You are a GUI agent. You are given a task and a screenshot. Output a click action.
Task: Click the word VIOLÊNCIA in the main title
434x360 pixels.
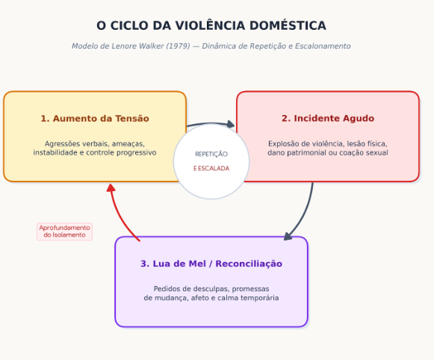tap(211, 25)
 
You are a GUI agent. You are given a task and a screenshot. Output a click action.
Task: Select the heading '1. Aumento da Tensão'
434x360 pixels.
tap(95, 119)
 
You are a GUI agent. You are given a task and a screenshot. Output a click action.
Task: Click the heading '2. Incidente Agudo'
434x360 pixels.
tap(328, 118)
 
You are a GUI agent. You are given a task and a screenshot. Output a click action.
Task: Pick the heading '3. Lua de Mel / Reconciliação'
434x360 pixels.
tap(211, 264)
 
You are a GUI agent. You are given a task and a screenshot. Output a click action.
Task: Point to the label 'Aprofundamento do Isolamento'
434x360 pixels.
tap(64, 232)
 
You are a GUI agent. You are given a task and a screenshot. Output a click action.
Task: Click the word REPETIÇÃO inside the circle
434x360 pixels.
tap(211, 154)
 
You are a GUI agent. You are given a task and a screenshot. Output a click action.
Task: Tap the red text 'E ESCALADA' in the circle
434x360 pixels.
tap(211, 168)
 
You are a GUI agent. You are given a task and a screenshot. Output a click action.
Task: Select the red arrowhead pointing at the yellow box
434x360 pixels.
tap(111, 188)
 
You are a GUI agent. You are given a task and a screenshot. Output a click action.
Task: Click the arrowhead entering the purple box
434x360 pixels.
tap(288, 237)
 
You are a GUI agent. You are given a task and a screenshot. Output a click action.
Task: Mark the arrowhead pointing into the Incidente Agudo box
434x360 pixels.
tap(231, 124)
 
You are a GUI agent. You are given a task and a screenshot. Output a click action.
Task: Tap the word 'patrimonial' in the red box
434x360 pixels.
tap(305, 153)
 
